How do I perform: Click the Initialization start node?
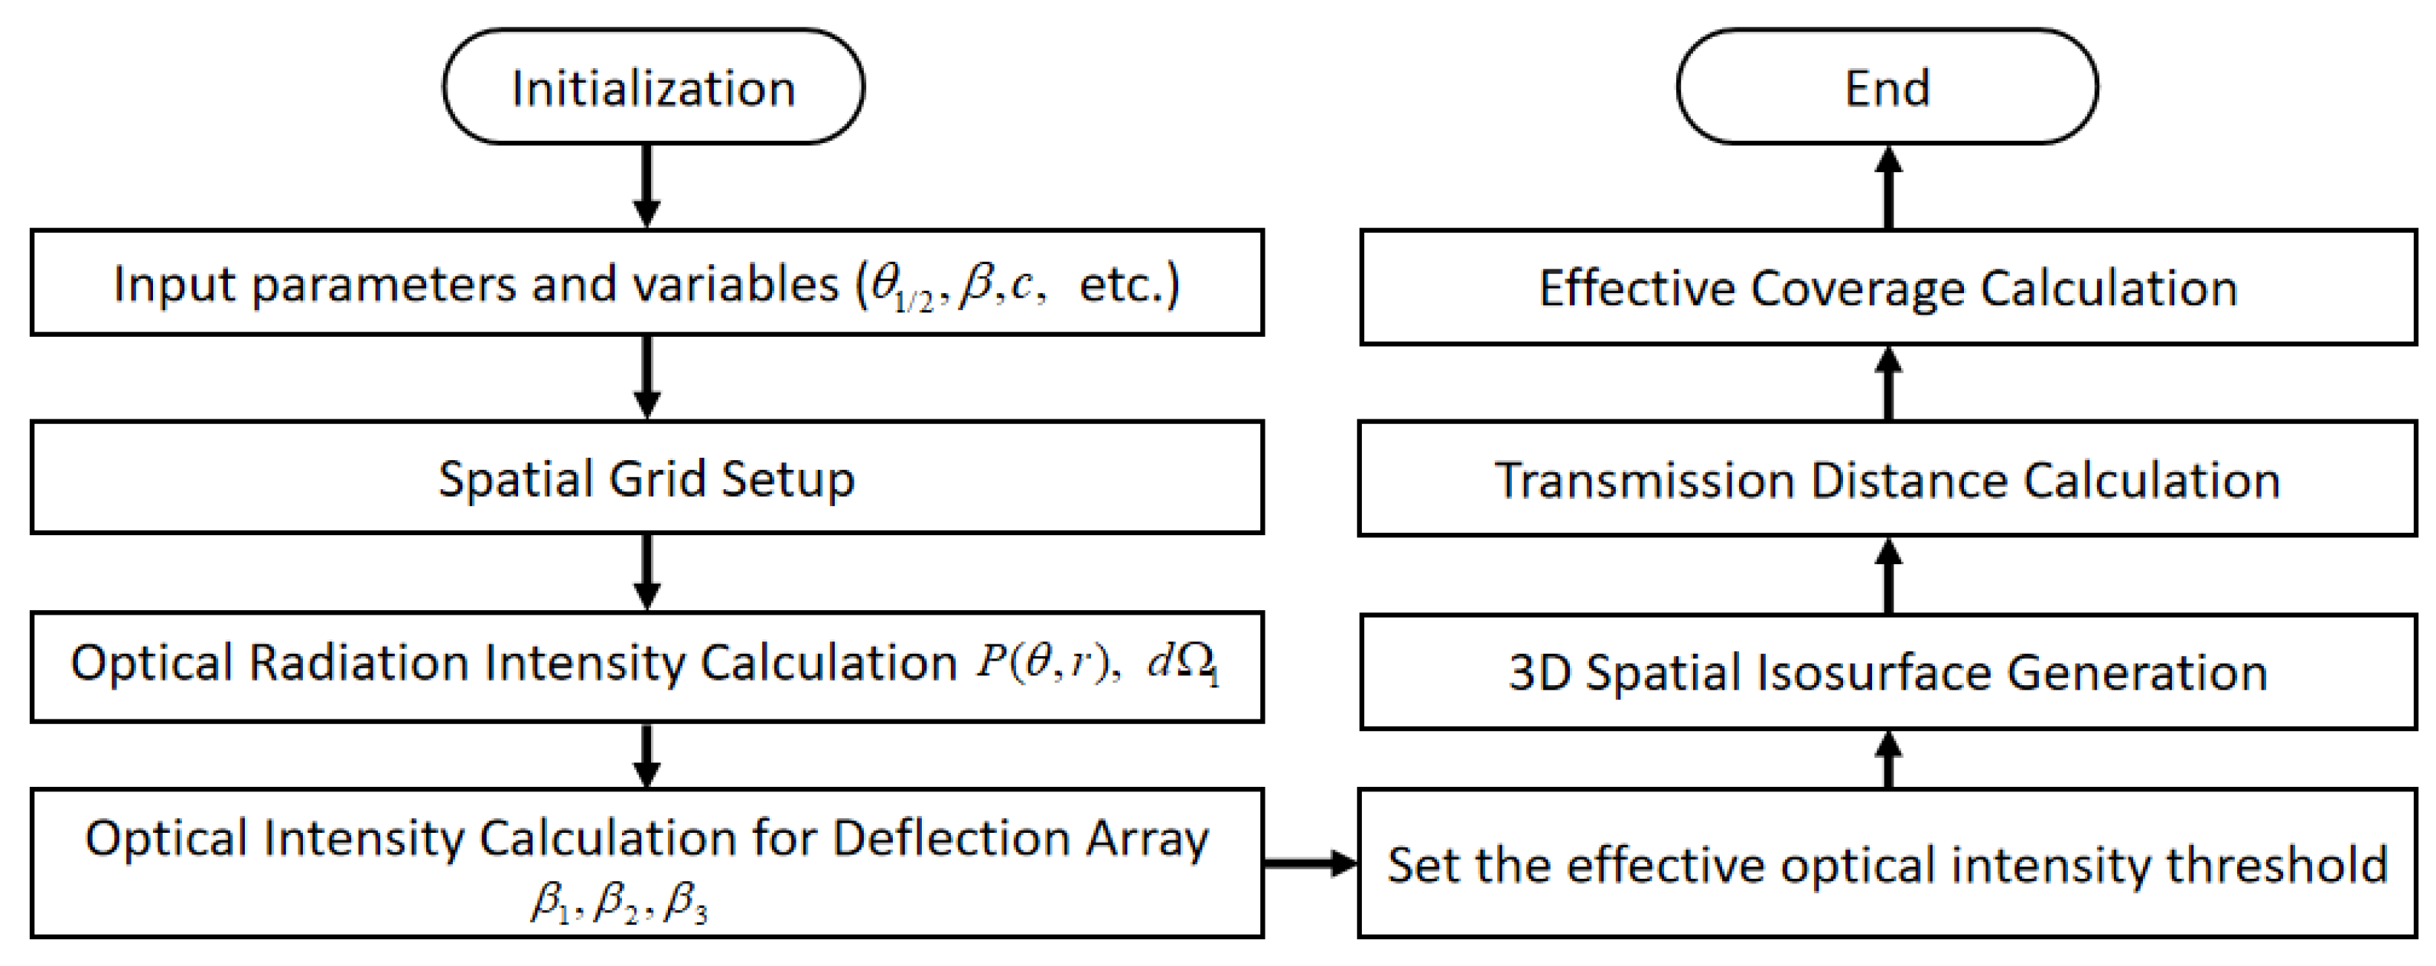pos(653,87)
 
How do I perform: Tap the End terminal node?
pos(1887,87)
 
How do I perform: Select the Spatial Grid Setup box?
pos(646,478)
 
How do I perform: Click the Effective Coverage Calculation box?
pos(1887,288)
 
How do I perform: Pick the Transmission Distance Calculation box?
pos(1887,480)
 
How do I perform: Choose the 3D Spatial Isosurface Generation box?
pos(1887,672)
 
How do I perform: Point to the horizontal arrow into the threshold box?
pos(1311,862)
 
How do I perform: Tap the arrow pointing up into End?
pos(1888,187)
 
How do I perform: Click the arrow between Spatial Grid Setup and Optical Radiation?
pos(646,573)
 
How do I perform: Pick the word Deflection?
pos(951,837)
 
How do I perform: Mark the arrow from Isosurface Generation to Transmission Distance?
pos(1888,576)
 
